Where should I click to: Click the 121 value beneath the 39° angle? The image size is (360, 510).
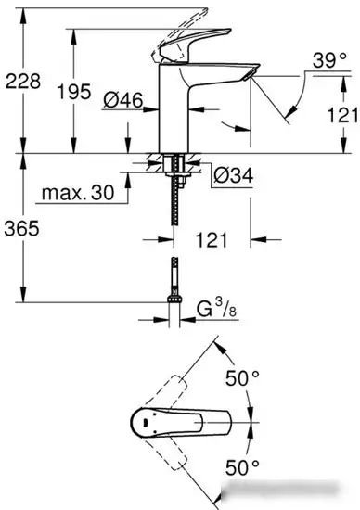tap(341, 115)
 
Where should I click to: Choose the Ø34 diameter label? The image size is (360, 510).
tap(233, 174)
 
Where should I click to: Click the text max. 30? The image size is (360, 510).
tap(79, 194)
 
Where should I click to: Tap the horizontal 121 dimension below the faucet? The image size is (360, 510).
tap(212, 241)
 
